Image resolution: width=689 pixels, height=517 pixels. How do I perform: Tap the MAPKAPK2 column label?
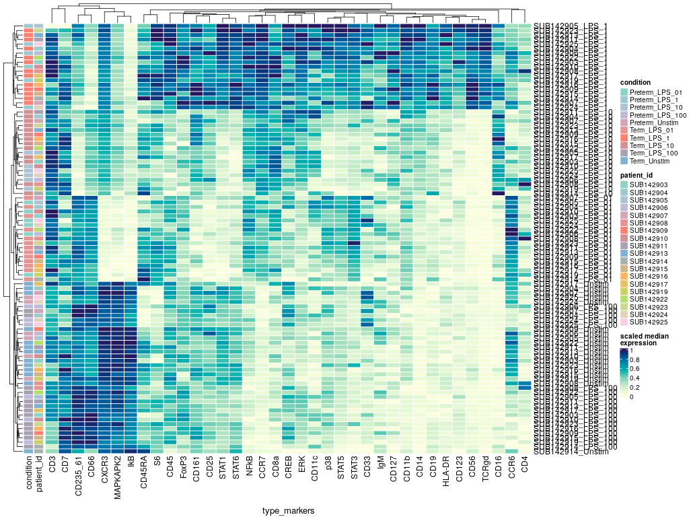[118, 479]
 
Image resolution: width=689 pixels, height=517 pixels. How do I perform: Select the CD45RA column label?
[144, 475]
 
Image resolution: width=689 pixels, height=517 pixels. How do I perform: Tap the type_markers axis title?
[289, 512]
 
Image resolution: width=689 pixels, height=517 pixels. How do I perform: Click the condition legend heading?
[635, 83]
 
